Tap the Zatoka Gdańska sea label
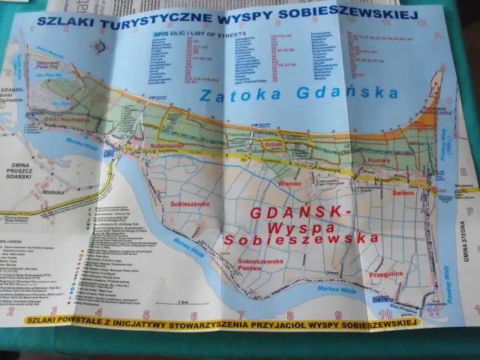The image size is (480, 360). pos(298,94)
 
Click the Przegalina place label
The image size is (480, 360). pos(386,274)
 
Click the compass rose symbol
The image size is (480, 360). pos(97,46)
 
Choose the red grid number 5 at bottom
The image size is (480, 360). pos(146,315)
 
